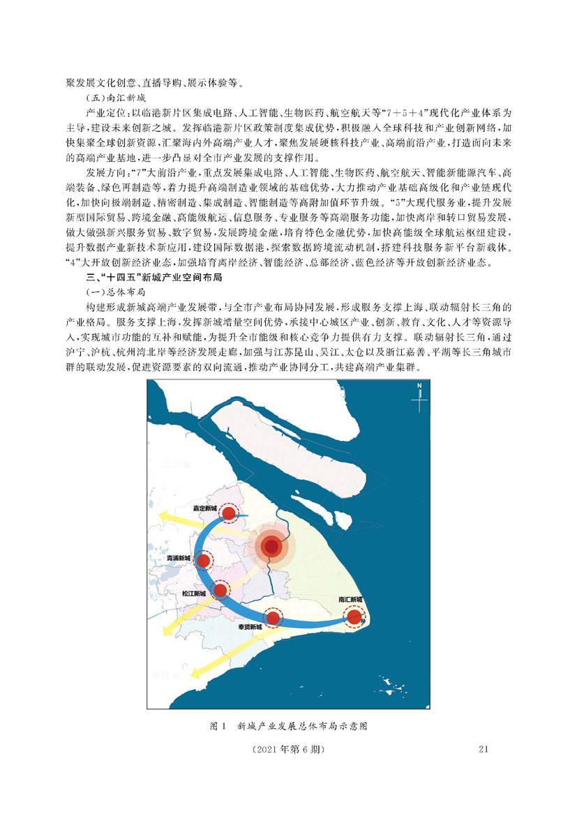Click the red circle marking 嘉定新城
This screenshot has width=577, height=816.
(x=228, y=514)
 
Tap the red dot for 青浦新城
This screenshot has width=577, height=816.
(x=204, y=559)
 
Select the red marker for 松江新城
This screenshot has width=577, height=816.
(x=220, y=591)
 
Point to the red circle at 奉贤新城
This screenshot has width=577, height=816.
(x=273, y=617)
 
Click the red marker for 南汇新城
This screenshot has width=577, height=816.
(x=354, y=617)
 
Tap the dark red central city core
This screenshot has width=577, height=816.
(x=271, y=547)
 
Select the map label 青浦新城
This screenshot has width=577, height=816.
(x=179, y=559)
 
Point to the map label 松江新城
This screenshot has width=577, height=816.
(x=193, y=594)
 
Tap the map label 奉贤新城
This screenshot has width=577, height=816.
(x=249, y=627)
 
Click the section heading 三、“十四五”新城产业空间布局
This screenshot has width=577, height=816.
(x=143, y=278)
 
